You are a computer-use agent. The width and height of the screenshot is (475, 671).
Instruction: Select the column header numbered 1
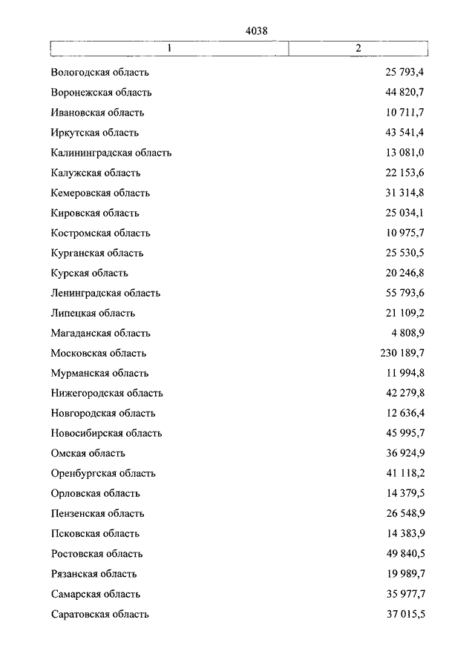click(169, 48)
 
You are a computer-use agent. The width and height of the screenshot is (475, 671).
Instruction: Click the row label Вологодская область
click(100, 73)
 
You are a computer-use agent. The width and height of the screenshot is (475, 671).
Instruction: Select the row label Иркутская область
click(95, 133)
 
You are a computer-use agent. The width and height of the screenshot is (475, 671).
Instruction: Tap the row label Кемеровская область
click(101, 193)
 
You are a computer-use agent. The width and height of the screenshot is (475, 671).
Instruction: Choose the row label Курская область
click(90, 273)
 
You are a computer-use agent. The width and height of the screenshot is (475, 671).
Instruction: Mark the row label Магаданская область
click(101, 333)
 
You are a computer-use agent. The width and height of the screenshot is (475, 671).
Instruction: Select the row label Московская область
click(99, 353)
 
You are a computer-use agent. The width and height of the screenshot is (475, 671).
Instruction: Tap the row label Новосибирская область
click(107, 433)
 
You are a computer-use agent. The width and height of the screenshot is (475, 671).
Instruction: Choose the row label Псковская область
click(96, 533)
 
